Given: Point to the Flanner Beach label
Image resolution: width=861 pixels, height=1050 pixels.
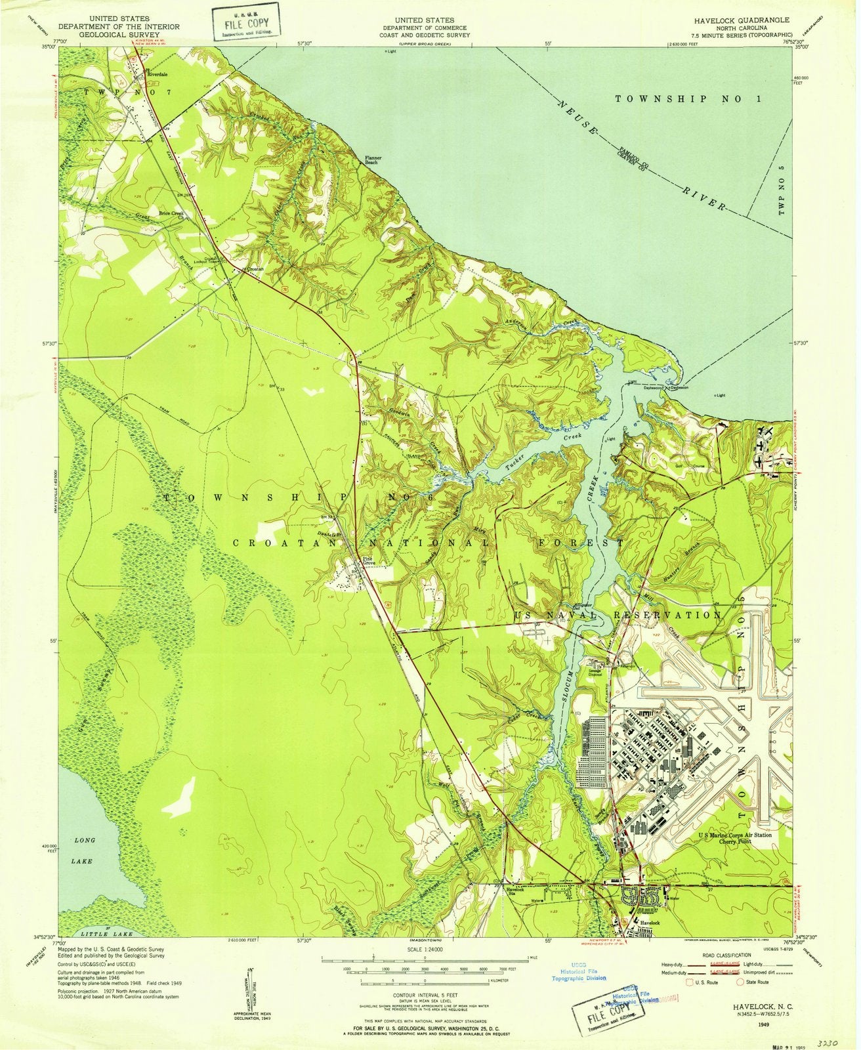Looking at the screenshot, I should click(x=373, y=159).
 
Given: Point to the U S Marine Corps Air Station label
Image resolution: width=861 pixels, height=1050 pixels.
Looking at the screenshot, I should click(x=734, y=835).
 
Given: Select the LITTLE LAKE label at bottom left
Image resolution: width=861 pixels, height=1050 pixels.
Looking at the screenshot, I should click(x=105, y=933).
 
